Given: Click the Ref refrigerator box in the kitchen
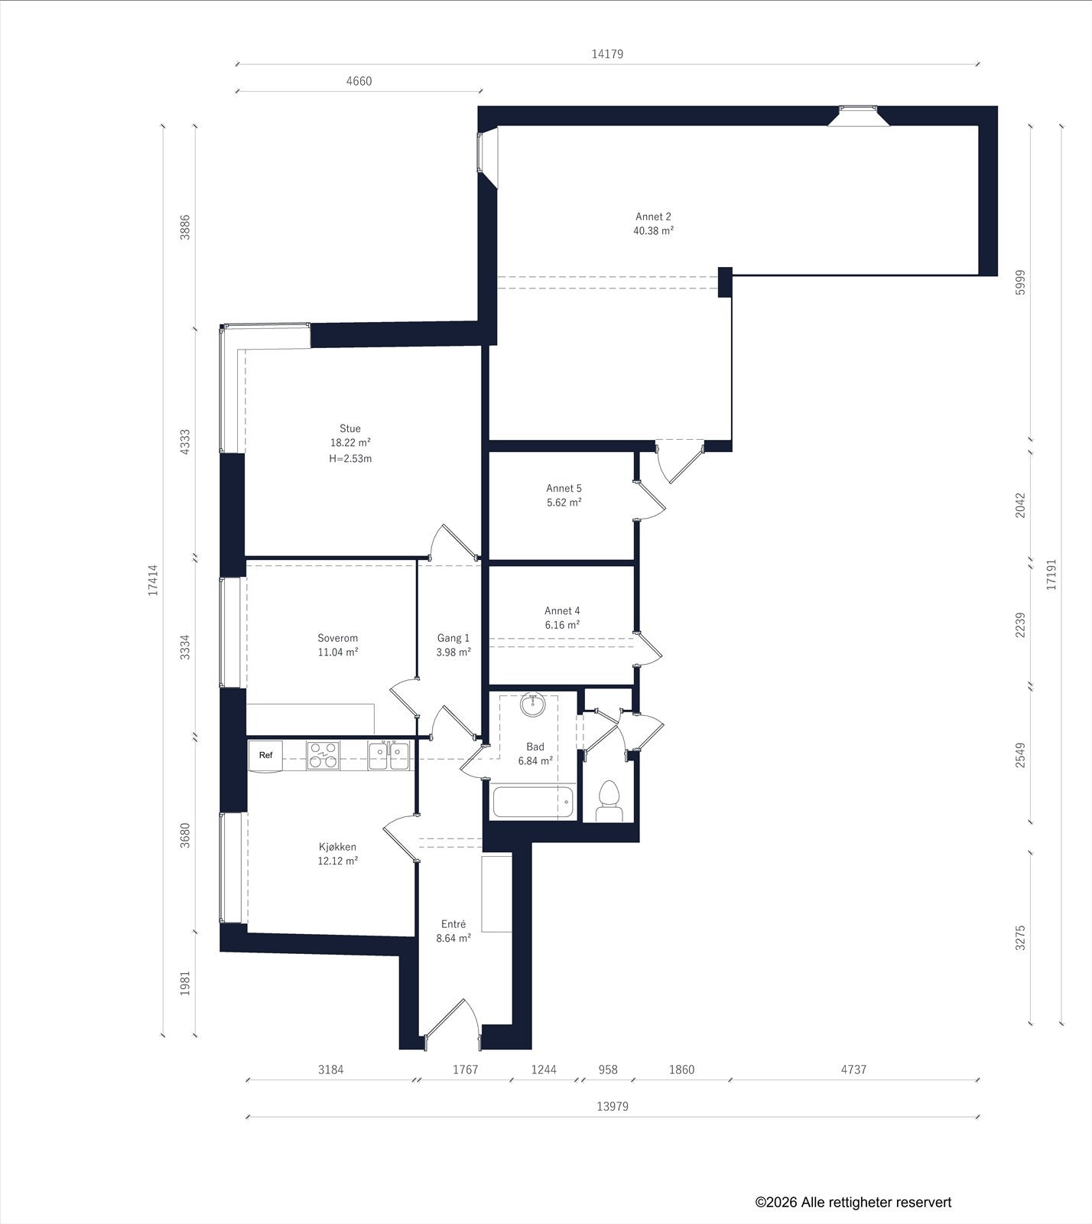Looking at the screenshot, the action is [265, 756].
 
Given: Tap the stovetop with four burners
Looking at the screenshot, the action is [323, 755].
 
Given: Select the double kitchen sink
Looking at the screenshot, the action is [388, 755].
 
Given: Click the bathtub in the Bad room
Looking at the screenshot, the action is [534, 802].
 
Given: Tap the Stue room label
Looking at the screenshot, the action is [350, 428].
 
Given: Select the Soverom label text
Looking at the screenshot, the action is [338, 638].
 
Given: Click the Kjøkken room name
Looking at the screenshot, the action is [338, 847].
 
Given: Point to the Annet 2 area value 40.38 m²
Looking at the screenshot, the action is [653, 230].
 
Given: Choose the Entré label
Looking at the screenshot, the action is [453, 924].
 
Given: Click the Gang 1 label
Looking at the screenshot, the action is [453, 638].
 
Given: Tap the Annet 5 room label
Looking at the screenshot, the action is [564, 488].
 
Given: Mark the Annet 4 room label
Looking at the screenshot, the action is [562, 610].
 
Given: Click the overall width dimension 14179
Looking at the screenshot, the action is [607, 54].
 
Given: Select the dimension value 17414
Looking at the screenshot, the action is [154, 581].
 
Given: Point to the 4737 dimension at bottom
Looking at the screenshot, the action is [853, 1069].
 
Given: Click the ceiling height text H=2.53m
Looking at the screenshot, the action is [350, 459].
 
